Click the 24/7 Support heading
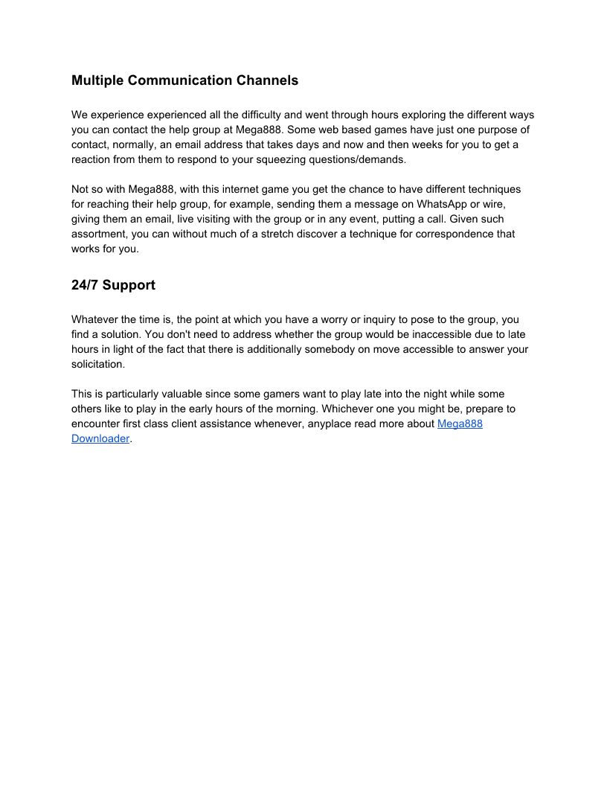pyautogui.click(x=113, y=285)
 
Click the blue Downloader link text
pyautogui.click(x=100, y=438)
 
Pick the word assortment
pyautogui.click(x=98, y=234)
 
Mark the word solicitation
pyautogui.click(x=98, y=364)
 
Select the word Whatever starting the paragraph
pyautogui.click(x=95, y=319)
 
